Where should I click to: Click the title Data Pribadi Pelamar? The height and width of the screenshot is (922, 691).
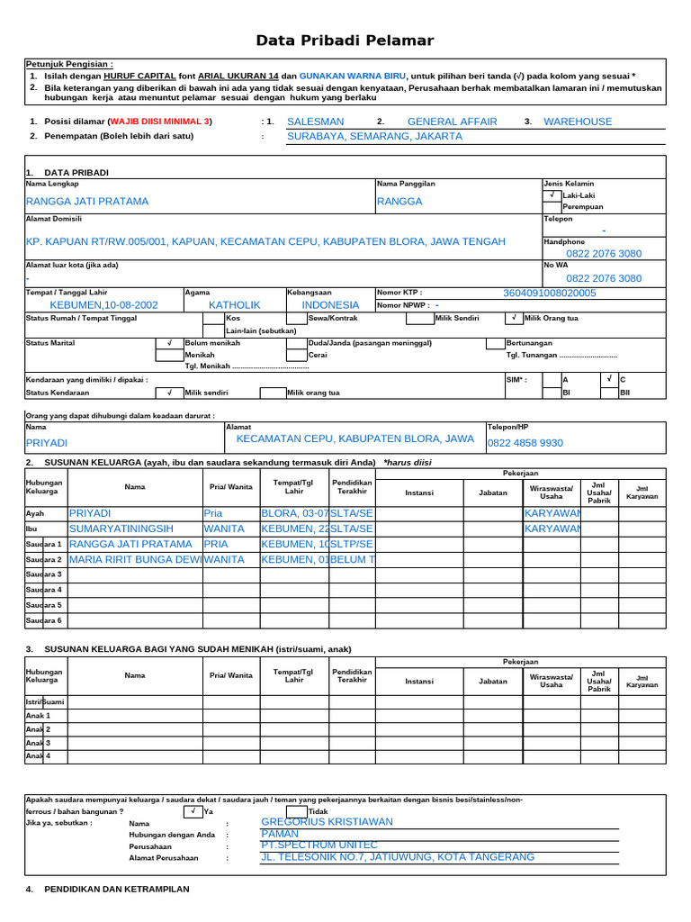tap(345, 41)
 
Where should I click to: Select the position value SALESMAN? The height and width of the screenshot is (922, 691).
tap(315, 122)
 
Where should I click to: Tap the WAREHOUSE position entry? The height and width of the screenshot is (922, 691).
tap(578, 122)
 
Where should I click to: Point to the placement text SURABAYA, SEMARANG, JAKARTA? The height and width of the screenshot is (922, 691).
tap(374, 137)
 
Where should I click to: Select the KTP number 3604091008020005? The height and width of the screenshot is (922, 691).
tap(549, 293)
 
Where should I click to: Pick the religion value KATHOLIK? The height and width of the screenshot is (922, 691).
tap(234, 305)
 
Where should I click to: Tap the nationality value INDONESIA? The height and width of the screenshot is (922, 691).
tap(330, 305)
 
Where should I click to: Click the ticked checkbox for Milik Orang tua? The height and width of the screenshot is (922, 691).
tap(513, 318)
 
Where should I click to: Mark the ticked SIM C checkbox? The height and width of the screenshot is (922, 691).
tap(609, 380)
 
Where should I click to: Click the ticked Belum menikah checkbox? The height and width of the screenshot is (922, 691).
tap(168, 343)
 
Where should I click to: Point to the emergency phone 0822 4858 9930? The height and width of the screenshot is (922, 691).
tap(525, 443)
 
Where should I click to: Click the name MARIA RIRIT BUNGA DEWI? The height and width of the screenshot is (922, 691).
tap(136, 559)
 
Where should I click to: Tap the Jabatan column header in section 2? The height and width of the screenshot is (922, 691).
tap(493, 493)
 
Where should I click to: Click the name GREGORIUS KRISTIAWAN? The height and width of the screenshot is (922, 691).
tap(327, 822)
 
